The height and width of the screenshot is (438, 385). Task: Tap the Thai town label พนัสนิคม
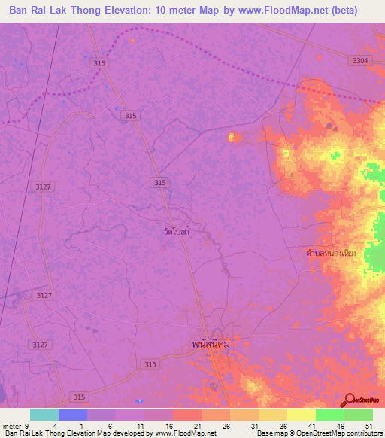[210, 344]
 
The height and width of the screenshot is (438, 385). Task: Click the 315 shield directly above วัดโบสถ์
[160, 182]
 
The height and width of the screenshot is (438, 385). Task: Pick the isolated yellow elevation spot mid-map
[232, 136]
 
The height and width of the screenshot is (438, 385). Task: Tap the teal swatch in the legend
[44, 415]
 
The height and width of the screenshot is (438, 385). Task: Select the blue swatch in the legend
[73, 415]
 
